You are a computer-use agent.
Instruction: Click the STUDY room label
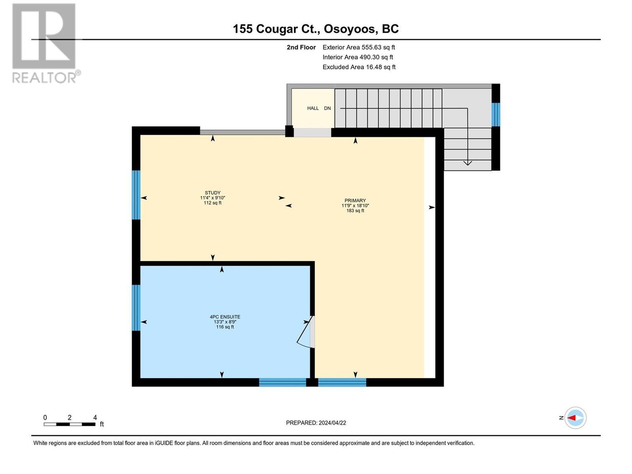[x=213, y=193]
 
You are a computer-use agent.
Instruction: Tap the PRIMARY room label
[x=355, y=200]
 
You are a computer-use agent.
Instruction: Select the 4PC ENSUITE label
[x=225, y=317]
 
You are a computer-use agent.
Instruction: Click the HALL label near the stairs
[x=313, y=108]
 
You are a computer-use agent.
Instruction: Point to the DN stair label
[x=327, y=108]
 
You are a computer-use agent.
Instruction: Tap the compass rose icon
[x=575, y=418]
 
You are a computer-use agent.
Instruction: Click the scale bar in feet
[x=70, y=424]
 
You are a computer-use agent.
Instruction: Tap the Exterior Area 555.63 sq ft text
[x=359, y=47]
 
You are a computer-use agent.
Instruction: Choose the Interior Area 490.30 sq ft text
[x=357, y=57]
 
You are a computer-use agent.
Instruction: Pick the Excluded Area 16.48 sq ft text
[x=359, y=67]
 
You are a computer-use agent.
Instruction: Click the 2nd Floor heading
[x=301, y=47]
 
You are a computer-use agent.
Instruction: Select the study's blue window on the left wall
[x=136, y=195]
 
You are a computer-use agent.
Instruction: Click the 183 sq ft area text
[x=355, y=211]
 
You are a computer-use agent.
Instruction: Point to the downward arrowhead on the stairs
[x=467, y=162]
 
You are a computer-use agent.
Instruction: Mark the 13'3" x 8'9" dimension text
[x=225, y=322]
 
